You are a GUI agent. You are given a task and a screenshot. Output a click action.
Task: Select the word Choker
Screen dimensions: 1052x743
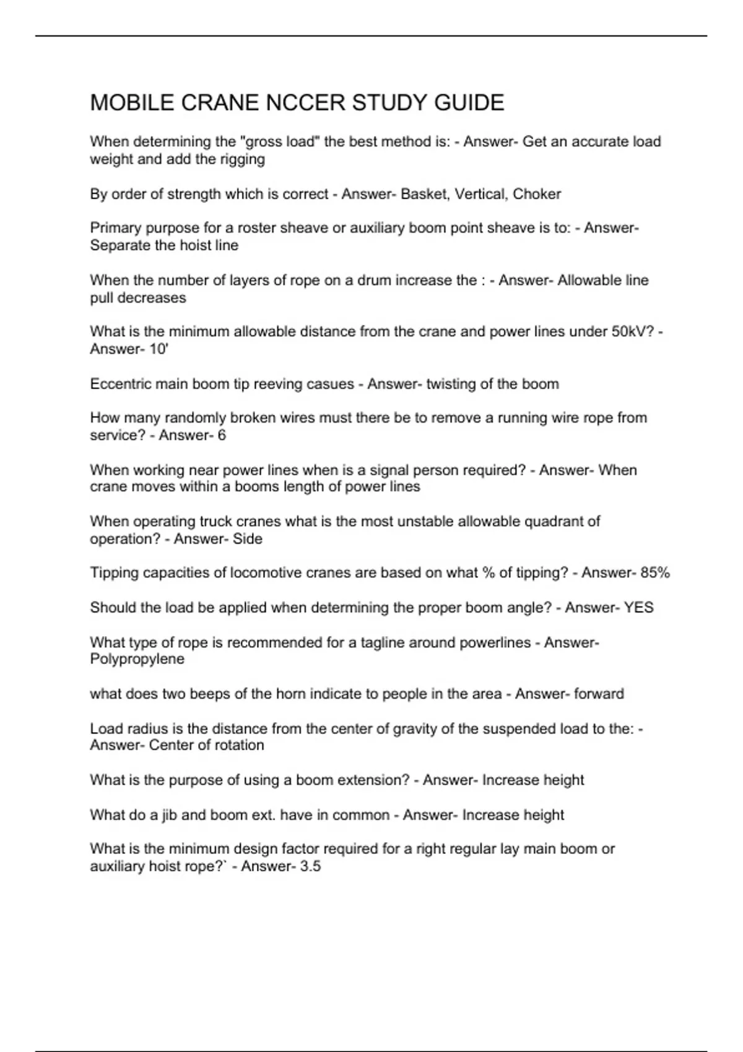coord(537,194)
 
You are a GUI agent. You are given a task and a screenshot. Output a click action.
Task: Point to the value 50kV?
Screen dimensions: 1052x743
coord(633,332)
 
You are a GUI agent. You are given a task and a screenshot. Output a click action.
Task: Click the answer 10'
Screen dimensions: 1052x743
coord(159,349)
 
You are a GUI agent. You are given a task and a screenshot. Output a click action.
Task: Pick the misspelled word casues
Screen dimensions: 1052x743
coord(334,384)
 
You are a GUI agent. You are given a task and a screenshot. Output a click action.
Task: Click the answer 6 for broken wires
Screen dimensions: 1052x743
coord(222,436)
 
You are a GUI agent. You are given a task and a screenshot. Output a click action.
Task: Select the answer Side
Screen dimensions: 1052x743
coord(248,539)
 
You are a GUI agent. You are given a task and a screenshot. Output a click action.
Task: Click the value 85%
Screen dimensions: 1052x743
coord(655,573)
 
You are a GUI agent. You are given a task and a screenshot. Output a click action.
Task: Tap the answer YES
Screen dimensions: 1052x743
coord(638,608)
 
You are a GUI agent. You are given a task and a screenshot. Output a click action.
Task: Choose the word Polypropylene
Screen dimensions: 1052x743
coord(137,659)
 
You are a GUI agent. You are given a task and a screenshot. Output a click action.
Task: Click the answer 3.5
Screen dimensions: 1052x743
coord(310,866)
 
